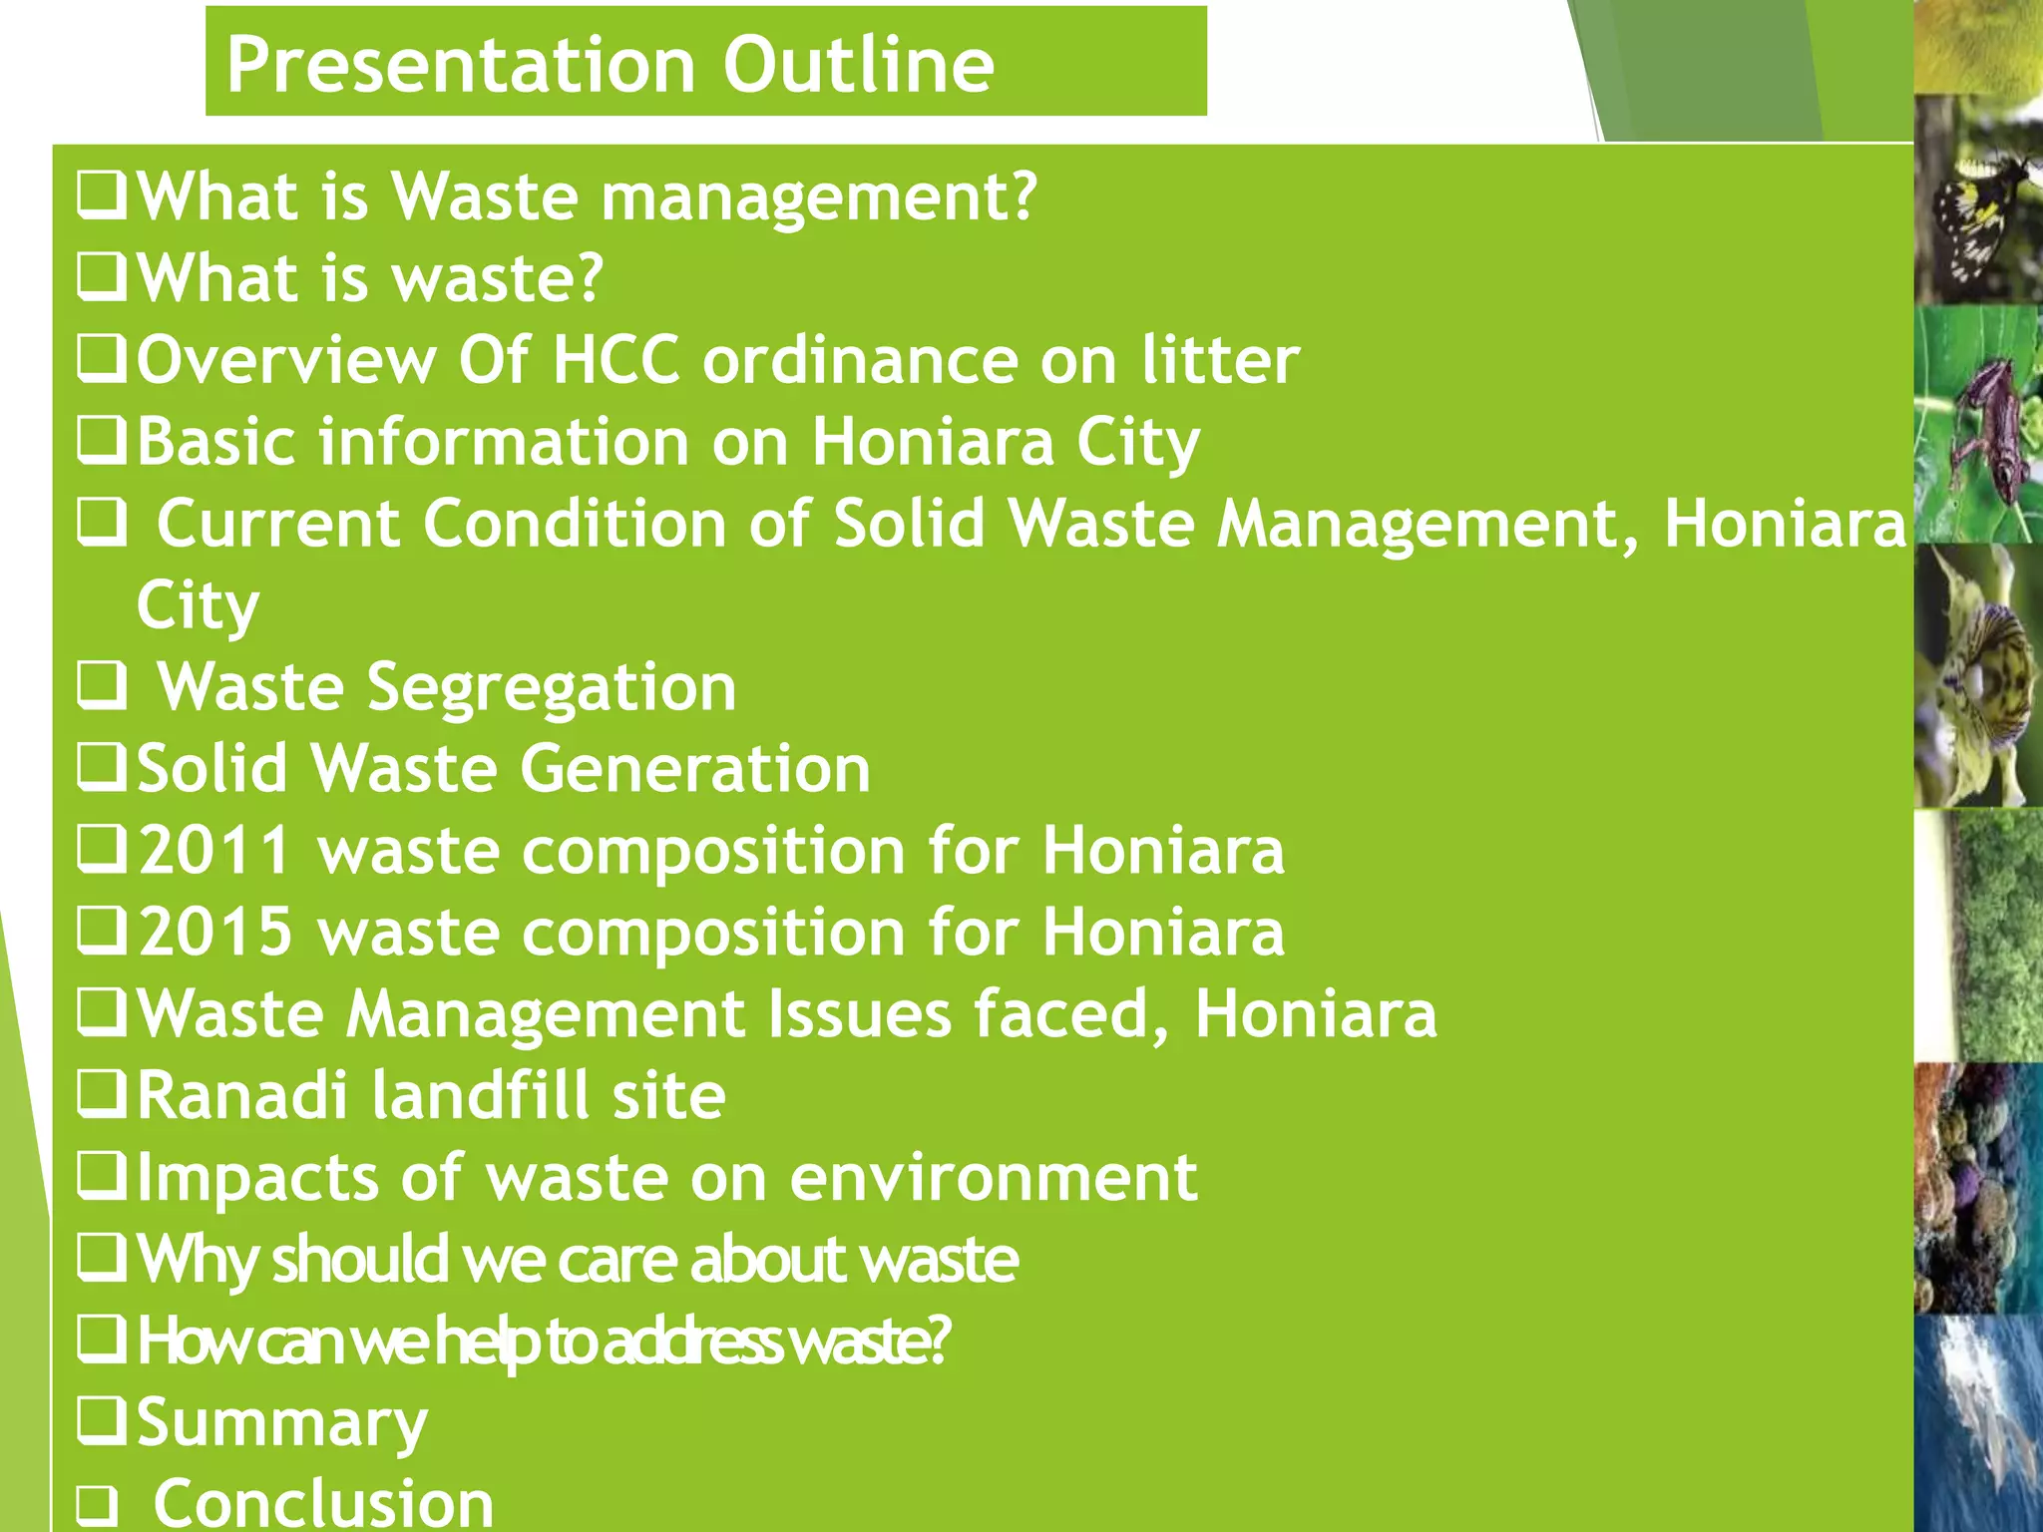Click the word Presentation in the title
click(x=461, y=65)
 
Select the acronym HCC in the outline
click(x=616, y=360)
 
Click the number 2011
click(x=214, y=851)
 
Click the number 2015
click(x=214, y=933)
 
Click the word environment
click(x=993, y=1178)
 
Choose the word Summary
click(x=281, y=1423)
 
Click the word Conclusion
click(x=323, y=1503)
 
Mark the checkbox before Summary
click(x=102, y=1421)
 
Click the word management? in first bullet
click(x=819, y=196)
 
